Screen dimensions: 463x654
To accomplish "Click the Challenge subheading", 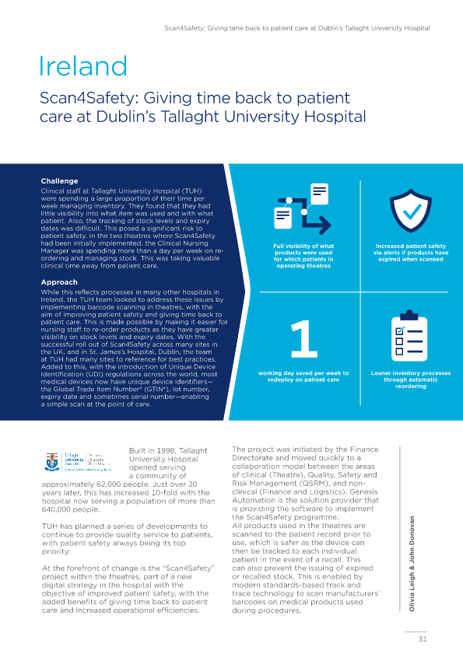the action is pos(59,181).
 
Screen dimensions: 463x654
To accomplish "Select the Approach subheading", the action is pos(58,282).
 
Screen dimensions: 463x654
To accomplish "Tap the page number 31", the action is pos(423,638).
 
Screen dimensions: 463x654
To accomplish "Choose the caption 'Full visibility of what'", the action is pos(303,247).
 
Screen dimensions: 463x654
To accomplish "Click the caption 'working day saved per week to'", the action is pos(303,373).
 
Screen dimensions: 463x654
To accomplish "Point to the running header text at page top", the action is pos(297,27).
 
